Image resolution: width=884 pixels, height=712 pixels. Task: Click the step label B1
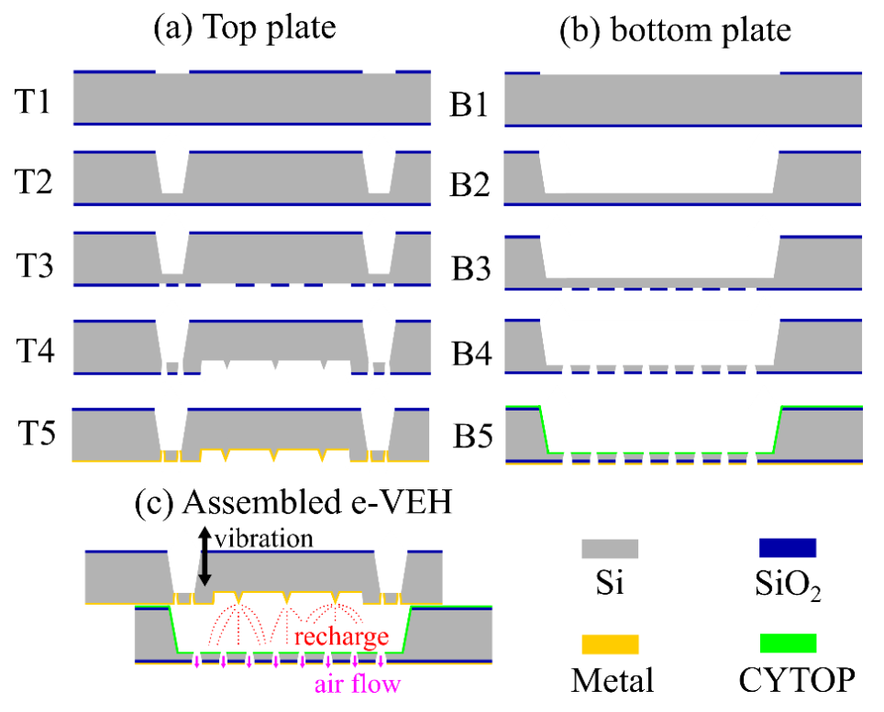[468, 103]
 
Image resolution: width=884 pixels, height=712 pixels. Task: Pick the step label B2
[468, 184]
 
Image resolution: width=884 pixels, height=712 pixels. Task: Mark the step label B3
[468, 268]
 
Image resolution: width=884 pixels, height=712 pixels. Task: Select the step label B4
[468, 353]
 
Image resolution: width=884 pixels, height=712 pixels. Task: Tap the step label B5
[468, 440]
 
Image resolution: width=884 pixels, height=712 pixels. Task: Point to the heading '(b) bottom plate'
[674, 29]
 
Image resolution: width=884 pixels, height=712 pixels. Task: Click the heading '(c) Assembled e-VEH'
[293, 503]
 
